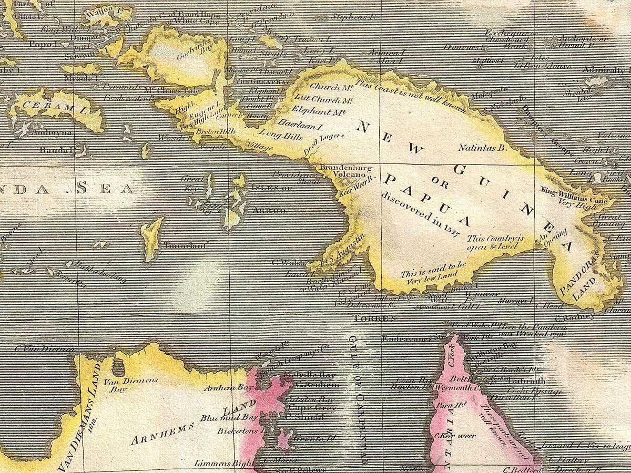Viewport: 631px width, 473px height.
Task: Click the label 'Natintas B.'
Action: click(x=482, y=148)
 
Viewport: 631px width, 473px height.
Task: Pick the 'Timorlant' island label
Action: click(x=187, y=245)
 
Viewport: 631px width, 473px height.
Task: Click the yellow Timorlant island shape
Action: click(x=152, y=239)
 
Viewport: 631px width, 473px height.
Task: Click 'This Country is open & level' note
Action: click(x=496, y=241)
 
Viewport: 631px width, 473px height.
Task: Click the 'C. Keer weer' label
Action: click(x=448, y=436)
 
